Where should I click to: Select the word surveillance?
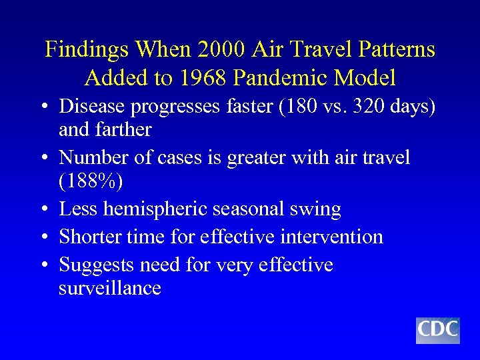coord(110,289)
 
